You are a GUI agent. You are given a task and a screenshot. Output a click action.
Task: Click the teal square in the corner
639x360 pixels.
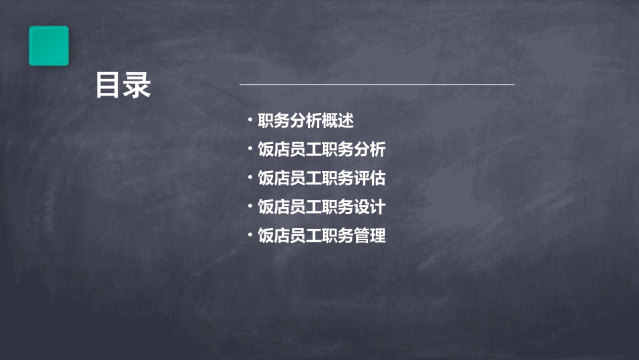(x=48, y=46)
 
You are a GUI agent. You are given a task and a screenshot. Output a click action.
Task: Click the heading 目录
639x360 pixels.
(x=123, y=85)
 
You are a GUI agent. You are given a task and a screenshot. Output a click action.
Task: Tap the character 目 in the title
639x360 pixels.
(x=108, y=85)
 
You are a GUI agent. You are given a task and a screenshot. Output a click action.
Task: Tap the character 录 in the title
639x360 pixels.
(x=138, y=85)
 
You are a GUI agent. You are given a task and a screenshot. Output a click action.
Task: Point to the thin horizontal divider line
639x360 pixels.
(x=377, y=85)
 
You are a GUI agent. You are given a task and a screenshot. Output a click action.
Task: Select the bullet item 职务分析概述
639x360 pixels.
(x=306, y=121)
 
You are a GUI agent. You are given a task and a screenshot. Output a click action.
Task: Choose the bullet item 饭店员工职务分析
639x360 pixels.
(x=322, y=149)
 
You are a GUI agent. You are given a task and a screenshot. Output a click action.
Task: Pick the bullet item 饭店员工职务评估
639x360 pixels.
(x=322, y=178)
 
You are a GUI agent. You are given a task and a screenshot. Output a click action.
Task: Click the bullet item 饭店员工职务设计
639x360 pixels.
(x=322, y=207)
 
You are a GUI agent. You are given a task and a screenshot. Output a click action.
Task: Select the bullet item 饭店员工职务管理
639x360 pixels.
(x=322, y=236)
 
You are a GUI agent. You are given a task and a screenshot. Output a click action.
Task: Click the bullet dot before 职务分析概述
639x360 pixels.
(x=250, y=121)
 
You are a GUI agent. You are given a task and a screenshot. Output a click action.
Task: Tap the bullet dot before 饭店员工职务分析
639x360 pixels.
(x=250, y=149)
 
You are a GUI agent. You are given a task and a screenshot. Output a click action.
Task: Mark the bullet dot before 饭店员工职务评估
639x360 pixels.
(x=250, y=178)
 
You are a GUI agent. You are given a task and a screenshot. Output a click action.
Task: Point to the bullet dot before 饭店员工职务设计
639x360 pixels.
(x=250, y=207)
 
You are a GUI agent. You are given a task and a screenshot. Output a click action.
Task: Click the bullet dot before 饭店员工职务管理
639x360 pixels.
(x=250, y=236)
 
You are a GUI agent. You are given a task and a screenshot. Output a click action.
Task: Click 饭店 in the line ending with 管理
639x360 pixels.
(x=274, y=236)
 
